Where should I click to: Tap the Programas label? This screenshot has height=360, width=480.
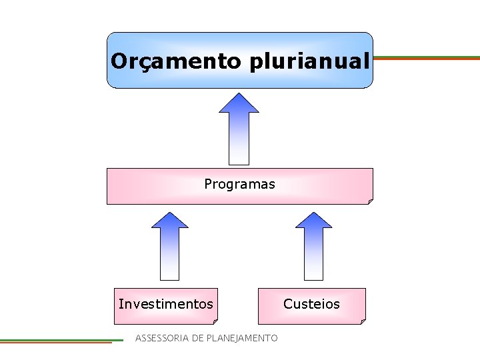tap(239, 184)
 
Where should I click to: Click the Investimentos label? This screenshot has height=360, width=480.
tap(166, 304)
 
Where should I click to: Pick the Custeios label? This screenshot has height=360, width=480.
tap(311, 304)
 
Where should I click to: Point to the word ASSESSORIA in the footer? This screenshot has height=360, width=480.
tap(162, 338)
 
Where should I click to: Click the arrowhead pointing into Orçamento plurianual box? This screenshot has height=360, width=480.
tap(239, 103)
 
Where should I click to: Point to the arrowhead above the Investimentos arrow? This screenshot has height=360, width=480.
tap(170, 220)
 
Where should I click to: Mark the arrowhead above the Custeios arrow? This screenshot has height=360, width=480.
tap(313, 220)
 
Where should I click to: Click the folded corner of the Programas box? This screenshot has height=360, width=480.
tap(370, 201)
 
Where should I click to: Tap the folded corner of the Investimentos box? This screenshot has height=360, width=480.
tap(215, 321)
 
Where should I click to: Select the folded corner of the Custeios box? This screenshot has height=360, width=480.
tap(363, 321)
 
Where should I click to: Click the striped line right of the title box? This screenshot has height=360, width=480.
tap(427, 58)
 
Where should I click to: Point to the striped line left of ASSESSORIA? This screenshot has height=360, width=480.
tap(60, 341)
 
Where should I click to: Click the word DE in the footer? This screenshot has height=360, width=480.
tap(197, 338)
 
